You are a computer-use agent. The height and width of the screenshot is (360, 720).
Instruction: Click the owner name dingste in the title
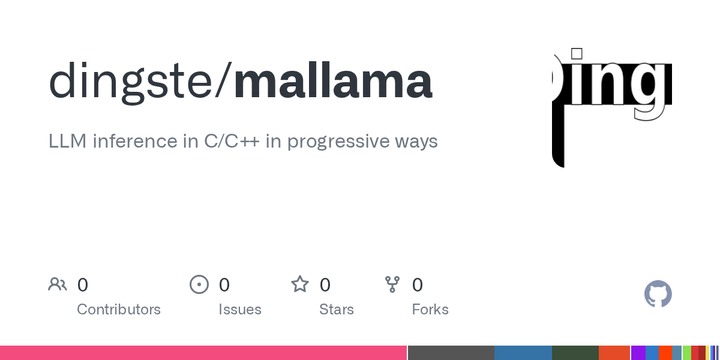pos(131,82)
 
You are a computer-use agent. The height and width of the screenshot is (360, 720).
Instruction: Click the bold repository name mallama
pos(333,82)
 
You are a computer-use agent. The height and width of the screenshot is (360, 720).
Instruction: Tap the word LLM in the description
pos(67,141)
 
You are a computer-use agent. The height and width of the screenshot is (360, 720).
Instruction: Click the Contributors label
pos(118,309)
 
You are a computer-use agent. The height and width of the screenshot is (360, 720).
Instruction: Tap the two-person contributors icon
pos(57,285)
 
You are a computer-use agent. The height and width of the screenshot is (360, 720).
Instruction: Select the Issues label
pos(240,309)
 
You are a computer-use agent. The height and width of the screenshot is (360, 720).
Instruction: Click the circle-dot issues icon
pos(199,285)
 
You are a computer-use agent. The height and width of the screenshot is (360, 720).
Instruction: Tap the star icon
pos(300,285)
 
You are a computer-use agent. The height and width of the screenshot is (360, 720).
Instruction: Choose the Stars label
pos(336,309)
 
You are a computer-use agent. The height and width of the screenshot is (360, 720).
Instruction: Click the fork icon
pos(393,285)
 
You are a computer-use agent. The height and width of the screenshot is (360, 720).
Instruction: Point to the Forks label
pos(430,309)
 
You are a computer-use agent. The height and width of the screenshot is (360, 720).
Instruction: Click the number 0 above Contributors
pos(82,285)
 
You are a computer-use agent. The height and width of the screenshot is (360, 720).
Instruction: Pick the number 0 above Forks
pos(417,285)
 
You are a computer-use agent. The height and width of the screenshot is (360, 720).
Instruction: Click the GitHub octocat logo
pos(657,294)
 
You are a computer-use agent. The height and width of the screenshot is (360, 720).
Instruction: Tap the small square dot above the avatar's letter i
pos(576,53)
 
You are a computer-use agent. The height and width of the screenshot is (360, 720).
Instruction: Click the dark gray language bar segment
pos(451,353)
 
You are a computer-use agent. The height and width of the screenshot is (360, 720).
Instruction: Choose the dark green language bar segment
pos(574,353)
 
